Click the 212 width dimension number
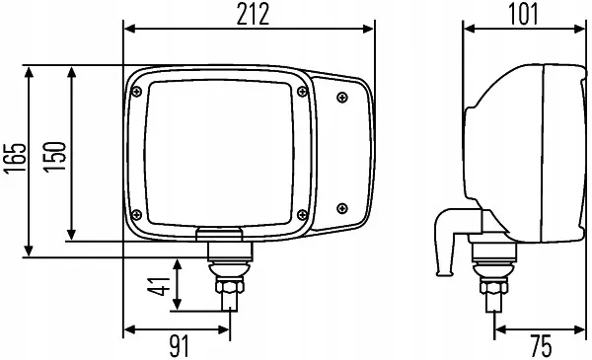[x=253, y=15]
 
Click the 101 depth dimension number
[x=523, y=15]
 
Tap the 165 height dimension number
[x=15, y=159]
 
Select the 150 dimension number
[x=54, y=157]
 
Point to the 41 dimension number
[x=159, y=286]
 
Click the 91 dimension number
[x=179, y=346]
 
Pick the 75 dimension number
[x=541, y=346]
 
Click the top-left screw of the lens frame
[x=137, y=92]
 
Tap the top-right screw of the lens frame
[x=302, y=92]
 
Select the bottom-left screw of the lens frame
[x=137, y=215]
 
